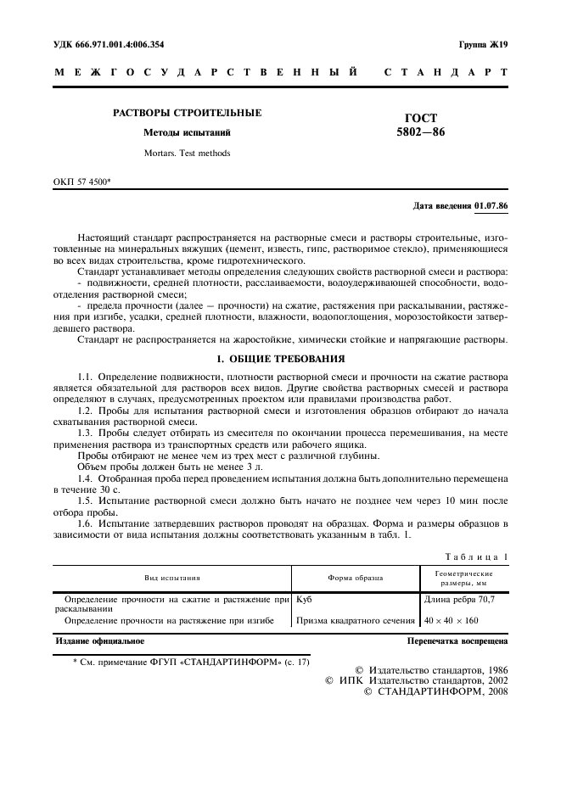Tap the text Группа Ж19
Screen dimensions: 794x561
pos(482,44)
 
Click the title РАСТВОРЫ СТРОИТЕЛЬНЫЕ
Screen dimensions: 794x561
pos(188,113)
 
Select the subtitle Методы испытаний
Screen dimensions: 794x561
pos(188,133)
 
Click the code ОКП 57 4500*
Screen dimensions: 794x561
pos(87,182)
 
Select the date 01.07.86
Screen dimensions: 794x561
pos(491,205)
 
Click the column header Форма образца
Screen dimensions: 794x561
pos(355,578)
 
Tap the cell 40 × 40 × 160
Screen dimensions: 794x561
pos(452,621)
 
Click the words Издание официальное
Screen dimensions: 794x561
pos(99,641)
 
